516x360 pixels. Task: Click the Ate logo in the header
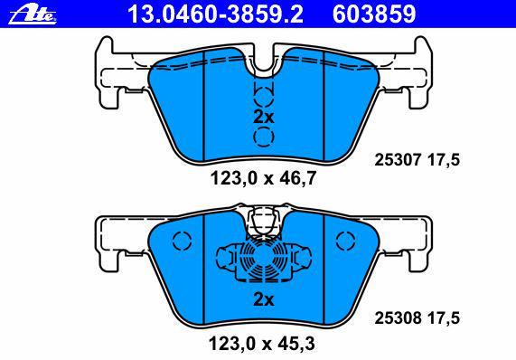33,14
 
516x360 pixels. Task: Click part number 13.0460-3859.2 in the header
215,14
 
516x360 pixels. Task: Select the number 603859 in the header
374,14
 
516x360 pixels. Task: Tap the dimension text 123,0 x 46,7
263,178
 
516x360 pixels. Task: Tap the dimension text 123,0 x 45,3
262,344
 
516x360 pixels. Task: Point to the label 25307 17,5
417,160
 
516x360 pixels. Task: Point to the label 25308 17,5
417,318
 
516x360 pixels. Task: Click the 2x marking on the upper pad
263,117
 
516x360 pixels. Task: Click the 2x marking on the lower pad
263,299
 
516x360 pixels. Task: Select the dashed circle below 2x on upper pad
264,137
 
